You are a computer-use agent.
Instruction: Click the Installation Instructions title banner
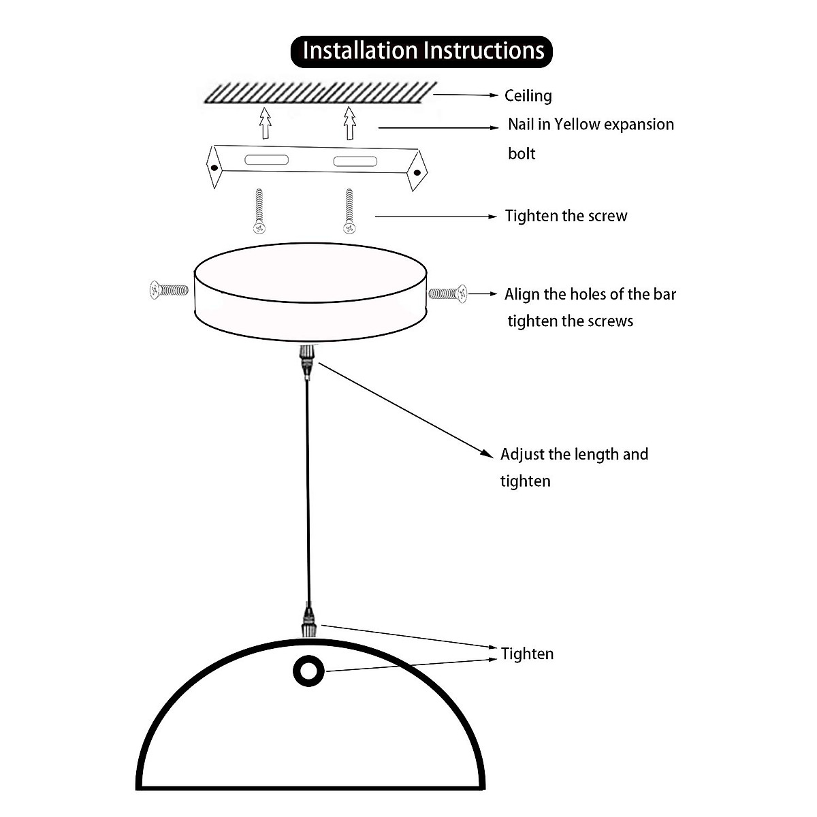point(421,52)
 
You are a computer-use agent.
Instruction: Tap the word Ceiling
point(528,96)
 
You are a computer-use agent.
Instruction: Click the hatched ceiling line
point(320,93)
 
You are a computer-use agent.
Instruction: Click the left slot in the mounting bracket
point(267,161)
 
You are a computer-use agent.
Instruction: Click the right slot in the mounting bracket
point(354,161)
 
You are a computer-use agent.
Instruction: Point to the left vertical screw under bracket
point(258,212)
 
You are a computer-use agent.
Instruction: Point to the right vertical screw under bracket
point(349,212)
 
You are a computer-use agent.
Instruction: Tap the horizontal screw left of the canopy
point(168,291)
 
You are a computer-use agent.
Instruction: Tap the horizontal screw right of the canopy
point(448,294)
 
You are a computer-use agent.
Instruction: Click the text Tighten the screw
point(566,217)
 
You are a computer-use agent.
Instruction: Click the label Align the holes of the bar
point(590,295)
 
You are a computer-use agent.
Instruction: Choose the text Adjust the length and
point(574,455)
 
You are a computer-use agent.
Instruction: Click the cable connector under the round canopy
point(307,361)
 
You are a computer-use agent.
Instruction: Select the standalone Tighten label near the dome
point(527,654)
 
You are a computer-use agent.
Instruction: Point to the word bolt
point(522,154)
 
